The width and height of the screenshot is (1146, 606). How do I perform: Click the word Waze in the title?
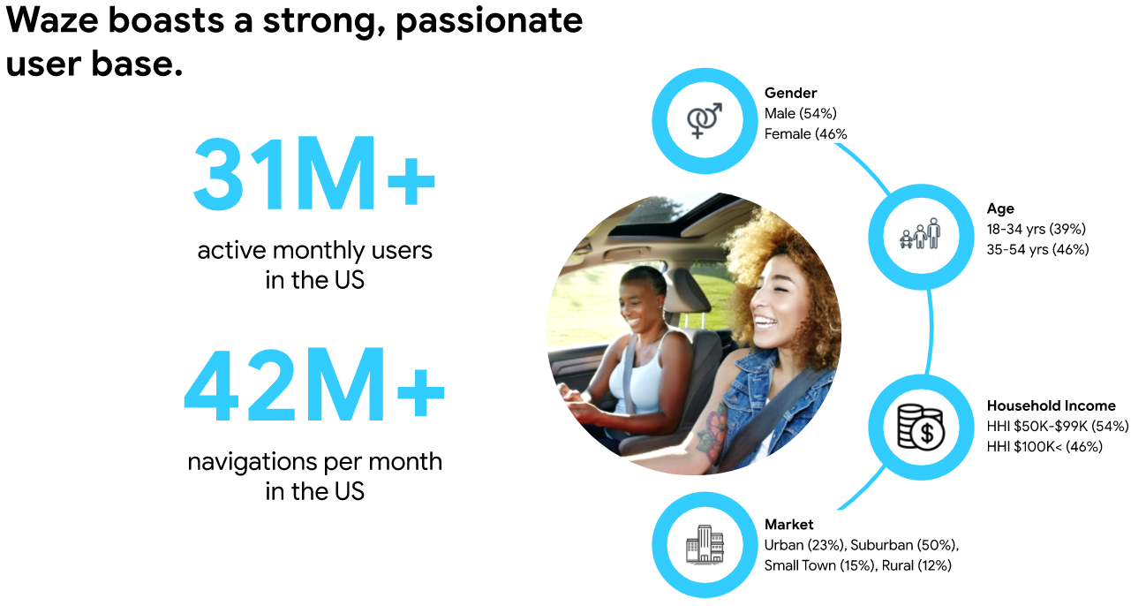[52, 20]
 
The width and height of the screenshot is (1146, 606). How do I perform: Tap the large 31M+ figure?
[314, 173]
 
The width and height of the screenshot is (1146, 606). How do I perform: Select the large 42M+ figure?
[314, 384]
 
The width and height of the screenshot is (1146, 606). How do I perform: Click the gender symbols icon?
[705, 120]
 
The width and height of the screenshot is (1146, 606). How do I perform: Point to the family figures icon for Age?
[920, 234]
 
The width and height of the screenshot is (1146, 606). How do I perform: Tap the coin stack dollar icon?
[921, 427]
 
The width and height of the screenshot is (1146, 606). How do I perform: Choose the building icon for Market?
[705, 544]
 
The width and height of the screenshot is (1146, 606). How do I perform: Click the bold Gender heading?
[790, 93]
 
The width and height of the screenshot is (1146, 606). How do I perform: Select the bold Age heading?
[1000, 208]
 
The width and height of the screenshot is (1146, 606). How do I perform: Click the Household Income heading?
[1051, 405]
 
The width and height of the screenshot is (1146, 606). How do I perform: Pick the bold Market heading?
[789, 525]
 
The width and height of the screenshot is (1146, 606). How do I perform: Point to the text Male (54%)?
[801, 114]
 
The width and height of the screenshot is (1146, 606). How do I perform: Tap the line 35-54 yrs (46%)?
[1037, 250]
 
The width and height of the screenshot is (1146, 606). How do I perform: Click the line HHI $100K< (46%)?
[1044, 447]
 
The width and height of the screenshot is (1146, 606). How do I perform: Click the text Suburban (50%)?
[904, 545]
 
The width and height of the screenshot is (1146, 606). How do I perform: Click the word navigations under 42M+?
[251, 462]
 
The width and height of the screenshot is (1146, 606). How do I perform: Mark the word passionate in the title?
[489, 22]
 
